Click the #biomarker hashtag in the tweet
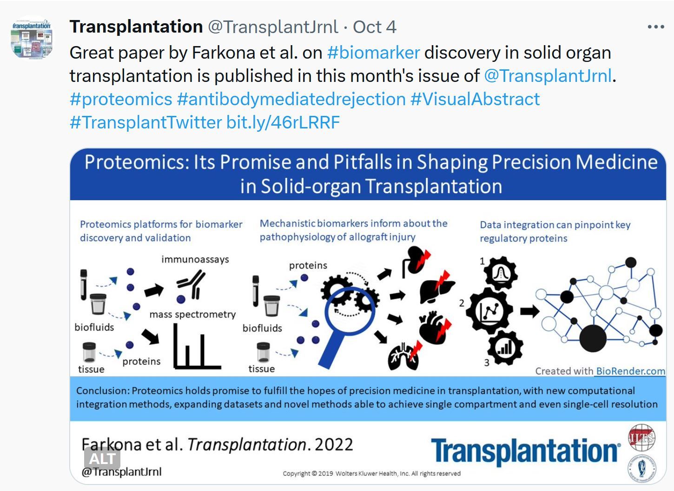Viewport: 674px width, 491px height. coord(373,53)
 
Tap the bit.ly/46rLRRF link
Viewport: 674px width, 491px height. coord(283,122)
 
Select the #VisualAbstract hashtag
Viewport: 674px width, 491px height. coord(475,100)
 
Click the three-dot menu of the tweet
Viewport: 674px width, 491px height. coord(656,27)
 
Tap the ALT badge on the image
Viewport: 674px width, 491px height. coord(102,459)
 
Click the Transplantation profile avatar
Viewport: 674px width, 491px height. coord(32,38)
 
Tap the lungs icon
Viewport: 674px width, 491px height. coord(403,357)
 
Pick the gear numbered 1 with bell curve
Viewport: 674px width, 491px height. coord(501,273)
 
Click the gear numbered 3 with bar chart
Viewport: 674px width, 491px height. coord(505,347)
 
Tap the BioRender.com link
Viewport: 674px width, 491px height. coord(630,371)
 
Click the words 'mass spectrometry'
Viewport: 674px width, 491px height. coord(192,315)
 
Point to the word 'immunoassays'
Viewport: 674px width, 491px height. coord(195,259)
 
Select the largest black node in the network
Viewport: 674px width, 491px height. coord(593,338)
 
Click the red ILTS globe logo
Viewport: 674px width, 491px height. coord(642,437)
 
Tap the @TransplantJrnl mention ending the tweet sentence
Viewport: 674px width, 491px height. coord(548,76)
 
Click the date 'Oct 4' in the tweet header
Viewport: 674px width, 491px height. coord(375,27)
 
